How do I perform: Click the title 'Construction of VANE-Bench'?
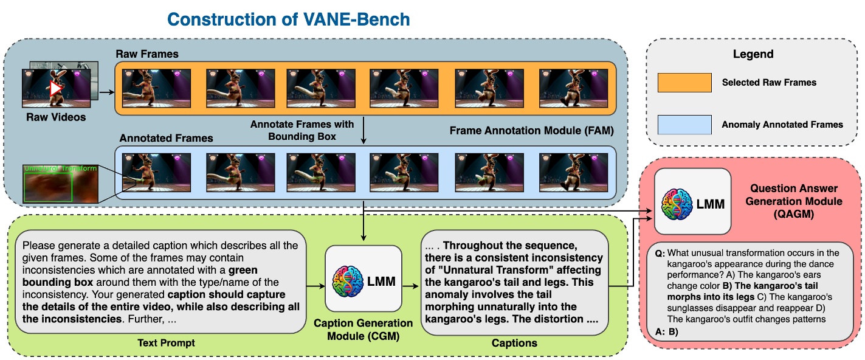tap(288, 19)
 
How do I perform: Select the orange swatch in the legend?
tap(684, 83)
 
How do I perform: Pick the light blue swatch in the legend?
tap(684, 124)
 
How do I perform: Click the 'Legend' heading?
tap(753, 54)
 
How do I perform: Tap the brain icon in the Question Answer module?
tap(677, 203)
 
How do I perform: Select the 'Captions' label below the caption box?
tap(514, 343)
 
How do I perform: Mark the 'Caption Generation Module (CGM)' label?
tap(363, 329)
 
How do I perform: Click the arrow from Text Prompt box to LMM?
tap(315, 283)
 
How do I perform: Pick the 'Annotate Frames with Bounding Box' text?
tap(302, 129)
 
